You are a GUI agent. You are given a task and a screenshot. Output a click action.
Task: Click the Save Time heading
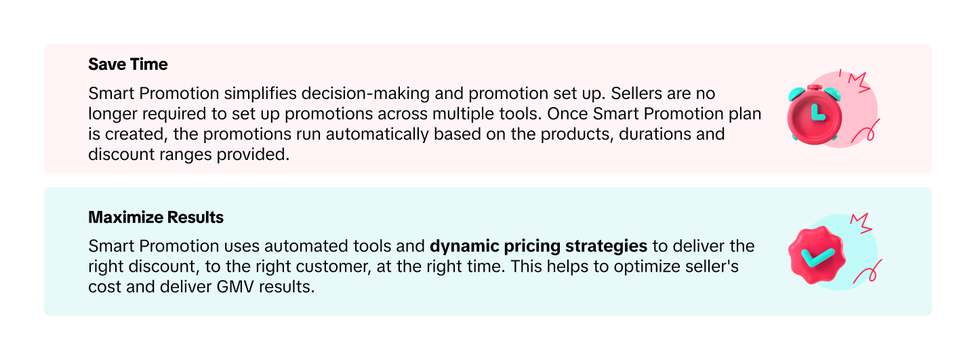[128, 64]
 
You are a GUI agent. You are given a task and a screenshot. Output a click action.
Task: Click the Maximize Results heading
[156, 218]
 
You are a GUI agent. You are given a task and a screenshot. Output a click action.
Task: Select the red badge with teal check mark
[816, 256]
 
